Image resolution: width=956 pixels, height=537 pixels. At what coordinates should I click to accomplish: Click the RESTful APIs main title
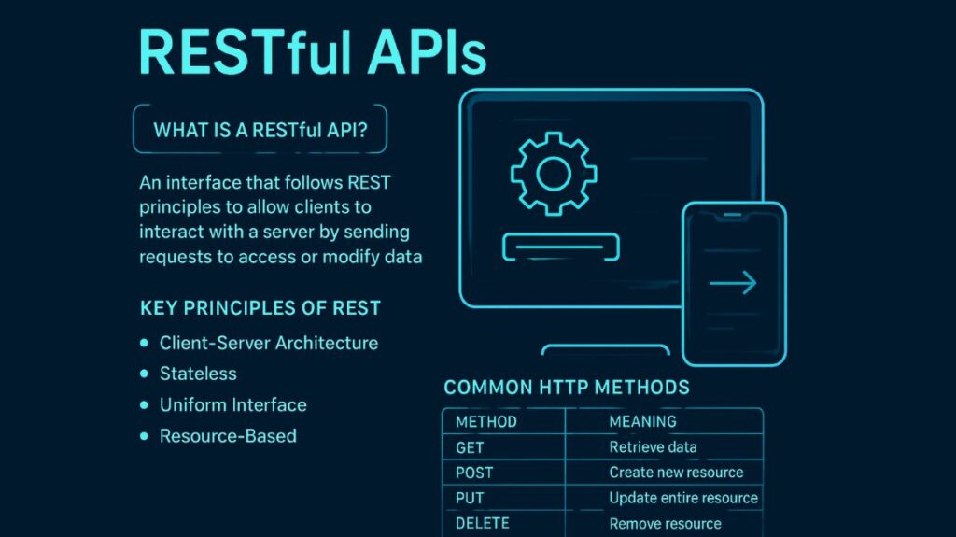(312, 53)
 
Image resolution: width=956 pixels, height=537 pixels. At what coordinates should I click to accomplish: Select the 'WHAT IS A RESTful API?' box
(260, 130)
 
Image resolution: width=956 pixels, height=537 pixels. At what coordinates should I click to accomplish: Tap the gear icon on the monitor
(554, 174)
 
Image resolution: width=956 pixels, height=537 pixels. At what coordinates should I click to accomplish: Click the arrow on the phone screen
(733, 283)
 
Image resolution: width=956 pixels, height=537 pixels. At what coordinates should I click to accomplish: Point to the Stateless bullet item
(198, 374)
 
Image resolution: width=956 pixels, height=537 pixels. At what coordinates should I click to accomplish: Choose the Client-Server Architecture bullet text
(269, 343)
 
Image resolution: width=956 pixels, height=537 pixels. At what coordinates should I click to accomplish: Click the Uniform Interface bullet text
(232, 405)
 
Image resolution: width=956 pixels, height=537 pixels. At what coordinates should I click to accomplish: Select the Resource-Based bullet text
(228, 435)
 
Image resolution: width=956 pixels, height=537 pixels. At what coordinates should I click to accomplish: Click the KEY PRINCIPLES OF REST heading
(260, 308)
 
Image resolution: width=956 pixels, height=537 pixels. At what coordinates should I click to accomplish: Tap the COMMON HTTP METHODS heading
(566, 387)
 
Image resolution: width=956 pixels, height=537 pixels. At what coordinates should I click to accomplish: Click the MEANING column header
(642, 422)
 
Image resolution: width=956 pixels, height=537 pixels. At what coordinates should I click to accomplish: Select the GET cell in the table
(470, 447)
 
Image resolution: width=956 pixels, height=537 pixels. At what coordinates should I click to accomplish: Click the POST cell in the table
(474, 473)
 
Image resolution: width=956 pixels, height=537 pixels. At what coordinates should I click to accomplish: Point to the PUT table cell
(470, 498)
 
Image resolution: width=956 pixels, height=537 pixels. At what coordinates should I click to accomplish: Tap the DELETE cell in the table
(483, 523)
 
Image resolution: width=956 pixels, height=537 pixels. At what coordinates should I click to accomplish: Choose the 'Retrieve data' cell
(653, 447)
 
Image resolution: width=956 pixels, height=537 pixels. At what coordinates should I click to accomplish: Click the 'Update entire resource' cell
(682, 498)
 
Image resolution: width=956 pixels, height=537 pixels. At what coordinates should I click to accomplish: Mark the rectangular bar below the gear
(561, 247)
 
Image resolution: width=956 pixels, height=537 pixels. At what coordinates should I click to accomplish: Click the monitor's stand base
(606, 350)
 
